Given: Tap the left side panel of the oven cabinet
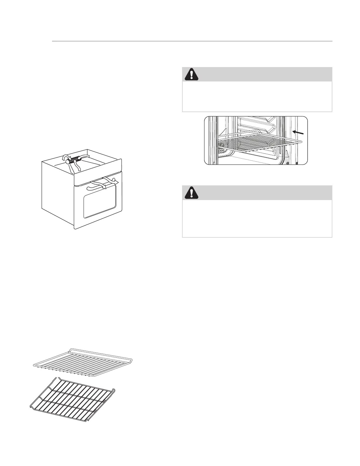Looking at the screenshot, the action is point(57,191).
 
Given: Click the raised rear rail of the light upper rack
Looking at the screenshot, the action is point(100,351).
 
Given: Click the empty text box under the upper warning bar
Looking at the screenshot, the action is point(257,96).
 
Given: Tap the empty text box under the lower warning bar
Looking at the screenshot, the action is point(257,218).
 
